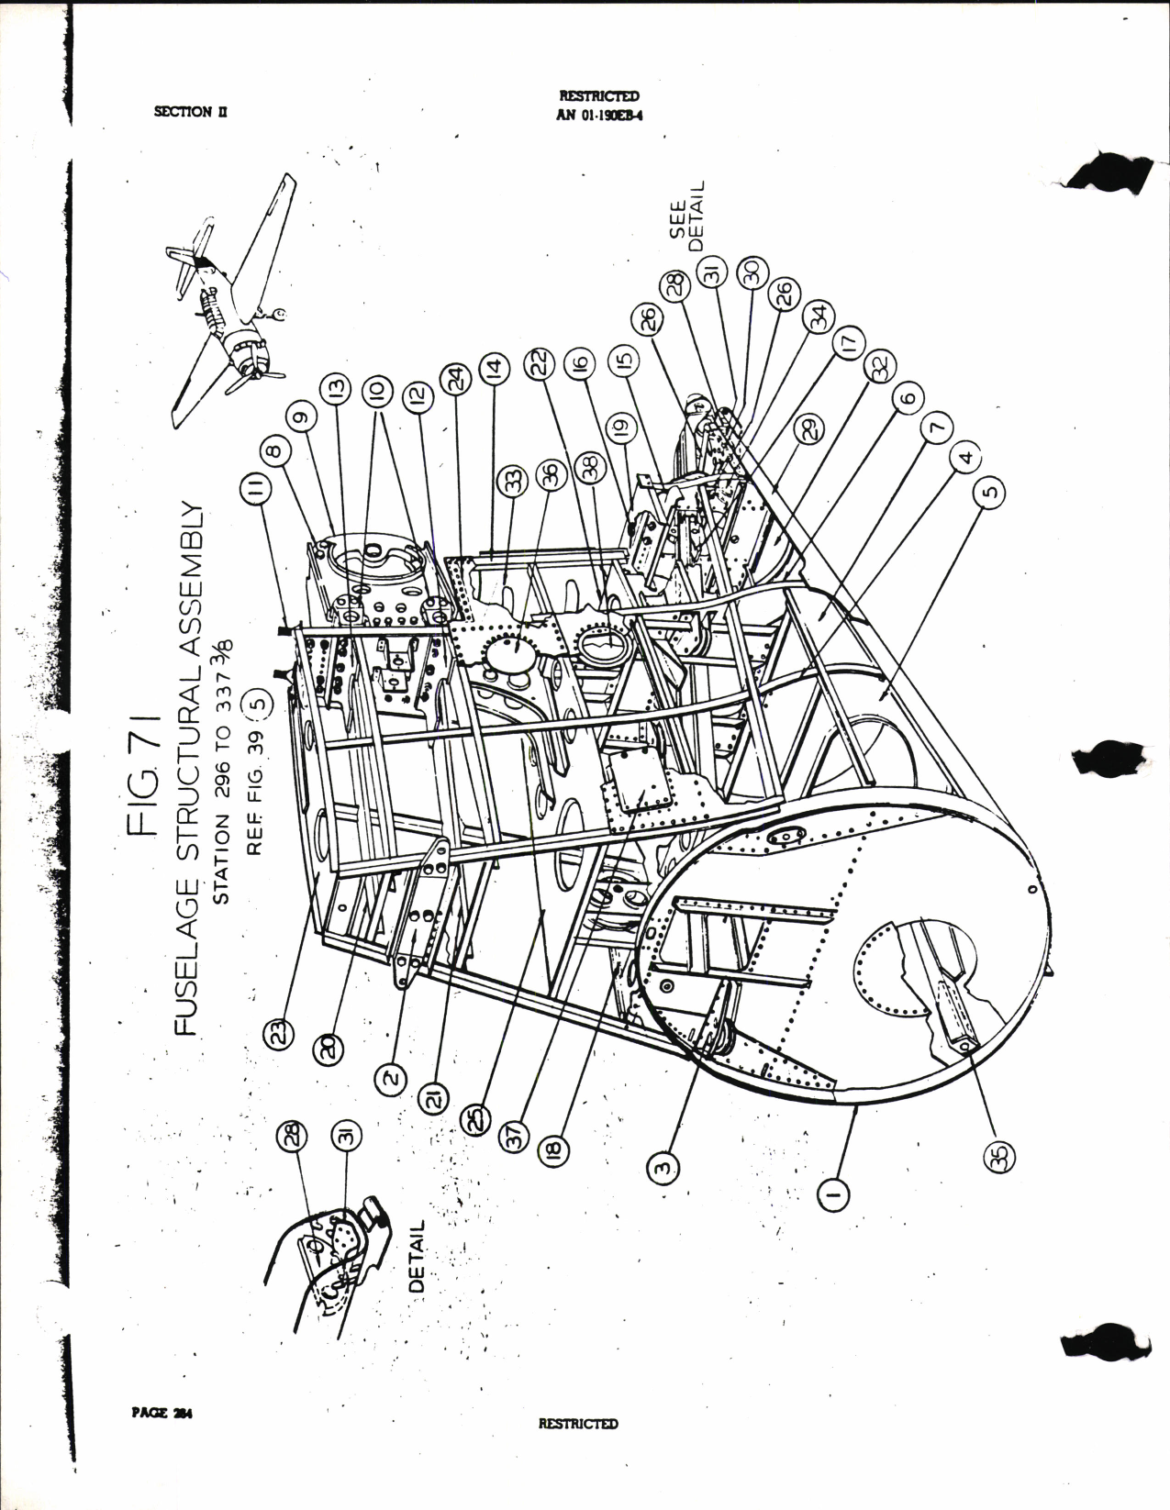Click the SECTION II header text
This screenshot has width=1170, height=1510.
[191, 111]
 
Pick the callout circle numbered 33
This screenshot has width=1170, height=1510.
[512, 480]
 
